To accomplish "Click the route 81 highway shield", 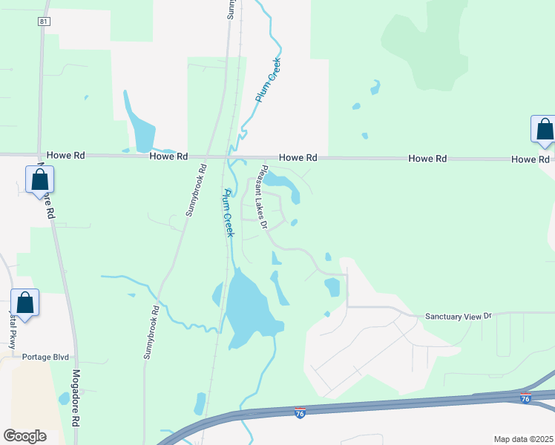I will pyautogui.click(x=44, y=22).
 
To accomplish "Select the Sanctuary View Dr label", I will pyautogui.click(x=458, y=317).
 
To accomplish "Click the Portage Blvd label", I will pyautogui.click(x=45, y=357).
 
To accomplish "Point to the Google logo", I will pyautogui.click(x=24, y=436).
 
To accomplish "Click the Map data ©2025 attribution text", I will pyautogui.click(x=522, y=439).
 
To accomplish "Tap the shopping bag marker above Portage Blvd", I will pyautogui.click(x=25, y=303).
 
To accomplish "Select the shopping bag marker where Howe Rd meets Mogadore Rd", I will pyautogui.click(x=39, y=180).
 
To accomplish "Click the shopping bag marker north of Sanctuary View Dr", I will pyautogui.click(x=544, y=130).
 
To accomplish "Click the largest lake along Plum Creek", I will pyautogui.click(x=249, y=306).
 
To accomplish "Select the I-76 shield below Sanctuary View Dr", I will pyautogui.click(x=525, y=398).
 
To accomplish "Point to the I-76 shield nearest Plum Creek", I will pyautogui.click(x=300, y=412).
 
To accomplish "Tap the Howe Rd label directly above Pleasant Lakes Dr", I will pyautogui.click(x=298, y=158).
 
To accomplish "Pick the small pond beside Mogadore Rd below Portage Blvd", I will pyautogui.click(x=64, y=398).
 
